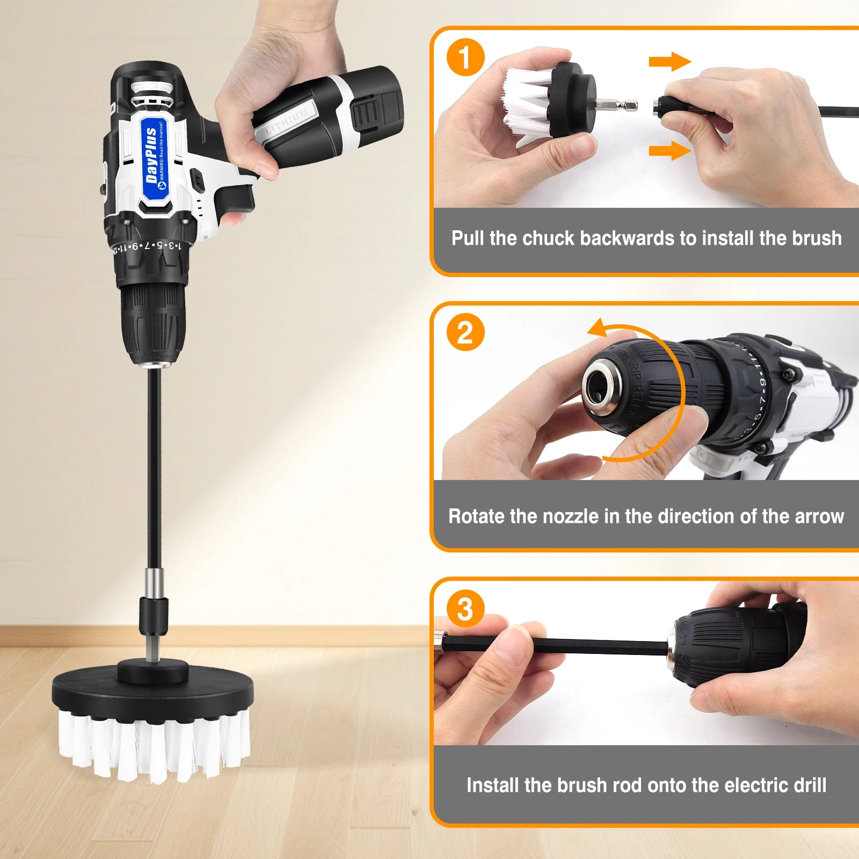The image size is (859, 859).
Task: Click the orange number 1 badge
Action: click(x=465, y=57)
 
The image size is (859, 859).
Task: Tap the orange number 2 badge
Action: click(x=465, y=332)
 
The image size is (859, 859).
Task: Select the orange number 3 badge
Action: click(x=465, y=609)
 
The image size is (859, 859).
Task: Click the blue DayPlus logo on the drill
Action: click(x=155, y=156)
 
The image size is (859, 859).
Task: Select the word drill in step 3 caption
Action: click(x=810, y=785)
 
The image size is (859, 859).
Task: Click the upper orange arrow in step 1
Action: click(x=669, y=62)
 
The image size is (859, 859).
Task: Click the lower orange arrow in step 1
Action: click(x=669, y=151)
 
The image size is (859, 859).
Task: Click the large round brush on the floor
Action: click(x=152, y=719)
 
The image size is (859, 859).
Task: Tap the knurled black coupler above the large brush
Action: click(x=154, y=615)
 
